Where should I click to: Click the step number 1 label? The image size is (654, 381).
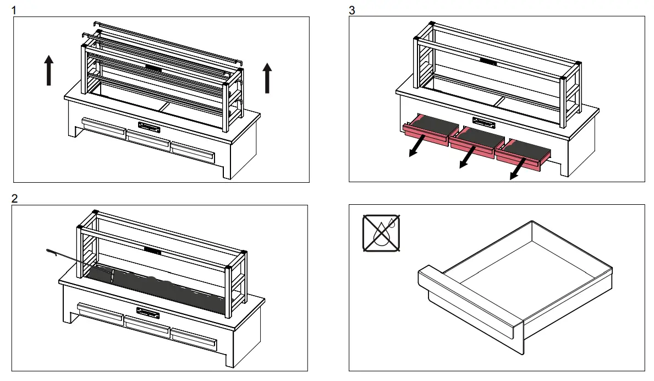15,10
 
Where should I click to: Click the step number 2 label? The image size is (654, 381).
15,199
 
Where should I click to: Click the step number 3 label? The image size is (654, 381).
352,10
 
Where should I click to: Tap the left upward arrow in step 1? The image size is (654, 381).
49,70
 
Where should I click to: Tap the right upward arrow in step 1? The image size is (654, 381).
267,78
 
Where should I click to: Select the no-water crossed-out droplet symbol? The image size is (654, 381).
381,233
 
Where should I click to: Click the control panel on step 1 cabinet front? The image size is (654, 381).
149,127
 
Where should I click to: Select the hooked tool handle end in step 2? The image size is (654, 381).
51,252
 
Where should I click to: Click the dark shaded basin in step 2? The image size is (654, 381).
154,286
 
